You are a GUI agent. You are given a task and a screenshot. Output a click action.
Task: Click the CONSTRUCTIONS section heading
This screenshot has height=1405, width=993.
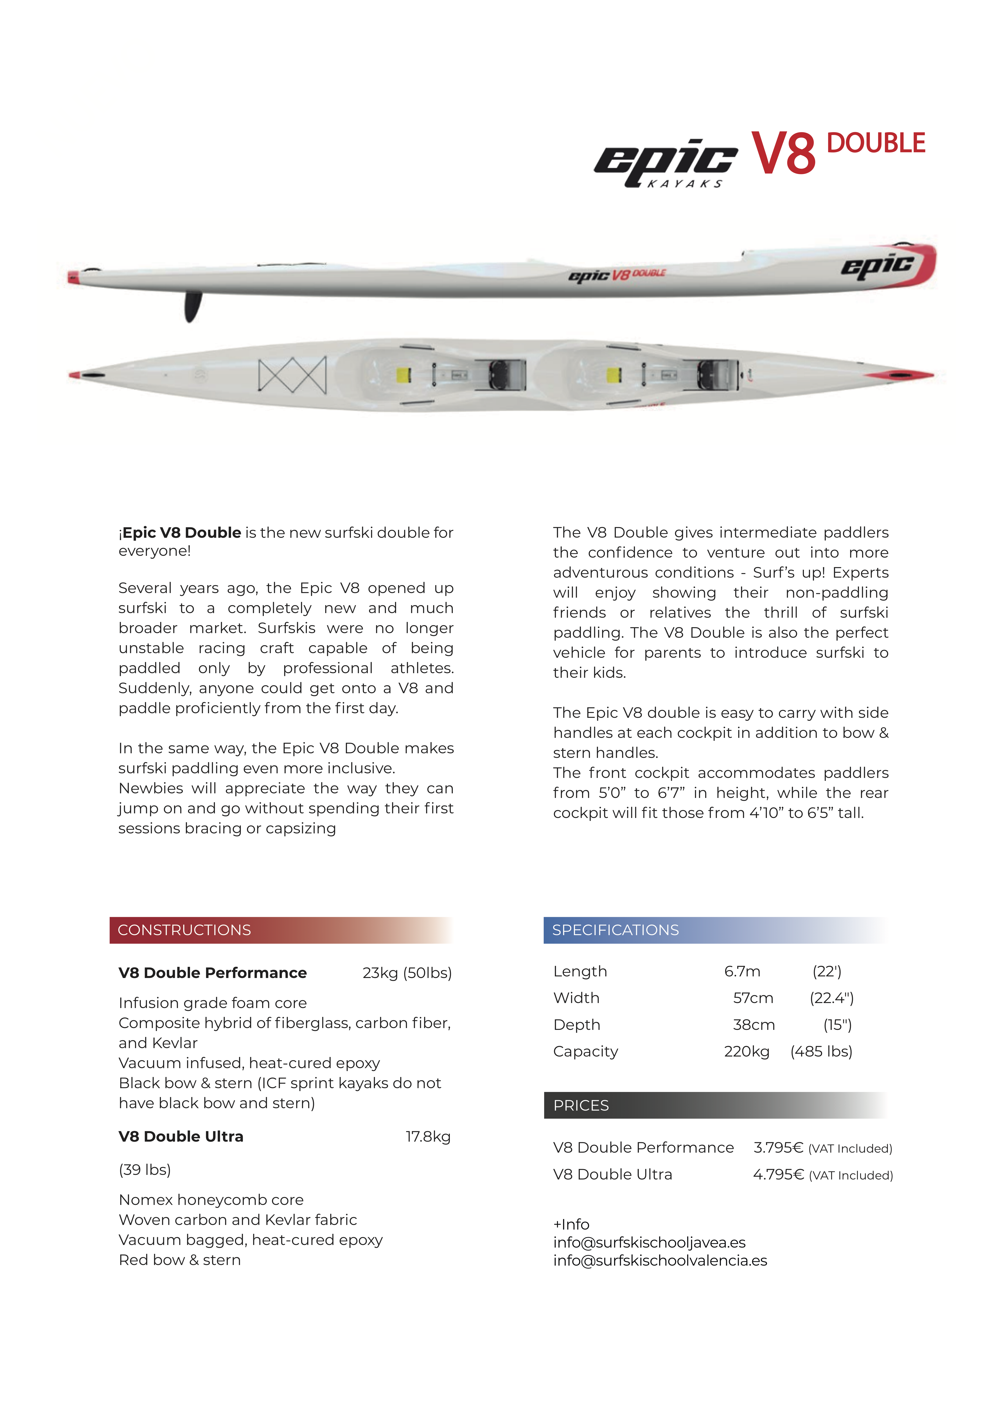coord(184,930)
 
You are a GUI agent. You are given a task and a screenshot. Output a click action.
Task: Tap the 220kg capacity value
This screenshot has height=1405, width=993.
coord(746,1052)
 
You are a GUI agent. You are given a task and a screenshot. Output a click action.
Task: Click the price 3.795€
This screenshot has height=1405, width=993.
coord(778,1148)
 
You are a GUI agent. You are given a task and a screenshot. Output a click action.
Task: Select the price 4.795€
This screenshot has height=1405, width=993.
coord(778,1175)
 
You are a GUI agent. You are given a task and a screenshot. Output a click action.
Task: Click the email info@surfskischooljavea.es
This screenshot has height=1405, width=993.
coord(649,1243)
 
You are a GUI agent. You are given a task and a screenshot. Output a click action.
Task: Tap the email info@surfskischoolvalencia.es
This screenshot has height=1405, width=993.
coord(659,1261)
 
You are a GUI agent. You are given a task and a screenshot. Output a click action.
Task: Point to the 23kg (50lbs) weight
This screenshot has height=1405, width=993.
coord(407,973)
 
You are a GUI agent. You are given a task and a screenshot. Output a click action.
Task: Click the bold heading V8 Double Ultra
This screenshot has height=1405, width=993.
coord(181,1137)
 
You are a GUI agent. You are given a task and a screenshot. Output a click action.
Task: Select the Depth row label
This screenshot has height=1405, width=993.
coord(576,1025)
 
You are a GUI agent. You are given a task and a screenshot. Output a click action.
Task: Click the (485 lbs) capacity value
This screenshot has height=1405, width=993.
coord(821,1052)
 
